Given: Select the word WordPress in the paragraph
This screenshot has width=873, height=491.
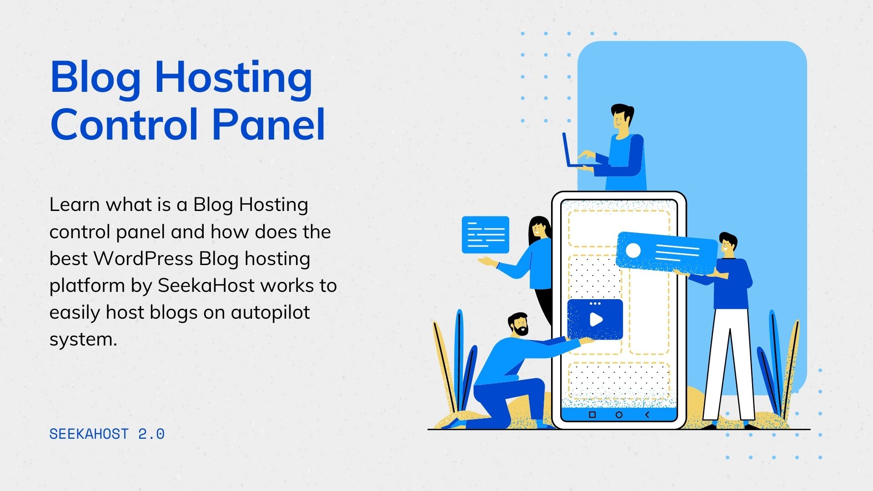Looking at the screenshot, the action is coord(143,259).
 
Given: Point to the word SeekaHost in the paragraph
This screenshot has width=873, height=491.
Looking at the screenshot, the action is coord(206,286).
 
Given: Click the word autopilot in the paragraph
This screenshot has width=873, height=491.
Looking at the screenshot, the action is coord(270,313).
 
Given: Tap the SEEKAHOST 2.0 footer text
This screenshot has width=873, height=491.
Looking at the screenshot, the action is coord(107,434).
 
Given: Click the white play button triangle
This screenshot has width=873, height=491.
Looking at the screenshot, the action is coord(596,320).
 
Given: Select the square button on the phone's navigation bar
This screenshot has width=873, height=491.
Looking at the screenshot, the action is coord(592,415).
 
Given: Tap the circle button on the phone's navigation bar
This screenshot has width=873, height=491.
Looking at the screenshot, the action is coord(619,415).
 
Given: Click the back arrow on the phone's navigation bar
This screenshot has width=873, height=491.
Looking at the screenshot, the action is coord(647,415).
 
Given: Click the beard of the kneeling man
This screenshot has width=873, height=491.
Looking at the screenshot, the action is coord(521,330).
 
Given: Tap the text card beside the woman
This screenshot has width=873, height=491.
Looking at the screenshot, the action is coord(485,235).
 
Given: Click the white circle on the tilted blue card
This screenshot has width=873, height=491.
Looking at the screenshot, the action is coord(633,251).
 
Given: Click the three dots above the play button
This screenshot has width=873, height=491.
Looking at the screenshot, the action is coord(595,303).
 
